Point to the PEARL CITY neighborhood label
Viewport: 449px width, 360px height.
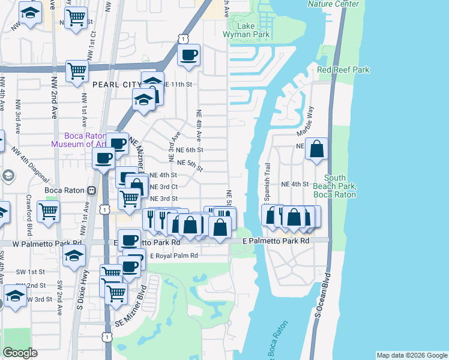click(x=115, y=85)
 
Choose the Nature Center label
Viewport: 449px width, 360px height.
click(x=333, y=4)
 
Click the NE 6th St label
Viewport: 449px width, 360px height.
click(x=190, y=150)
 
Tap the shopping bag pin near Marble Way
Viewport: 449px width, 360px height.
click(x=316, y=148)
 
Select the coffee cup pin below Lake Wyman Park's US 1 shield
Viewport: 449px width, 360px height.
click(x=190, y=56)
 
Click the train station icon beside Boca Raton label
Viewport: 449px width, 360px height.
click(x=91, y=191)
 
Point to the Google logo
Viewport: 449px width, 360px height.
click(x=20, y=353)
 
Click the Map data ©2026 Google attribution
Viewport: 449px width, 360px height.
click(x=412, y=355)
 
